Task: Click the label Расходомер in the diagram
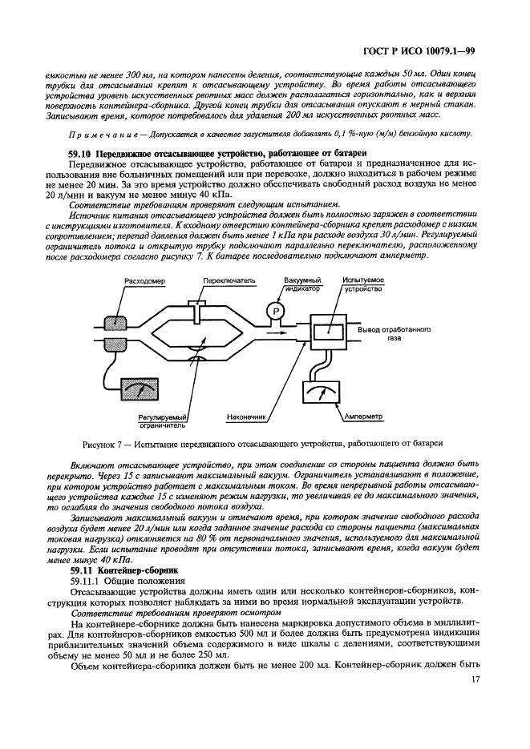(x=146, y=281)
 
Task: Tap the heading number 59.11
(x=82, y=569)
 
